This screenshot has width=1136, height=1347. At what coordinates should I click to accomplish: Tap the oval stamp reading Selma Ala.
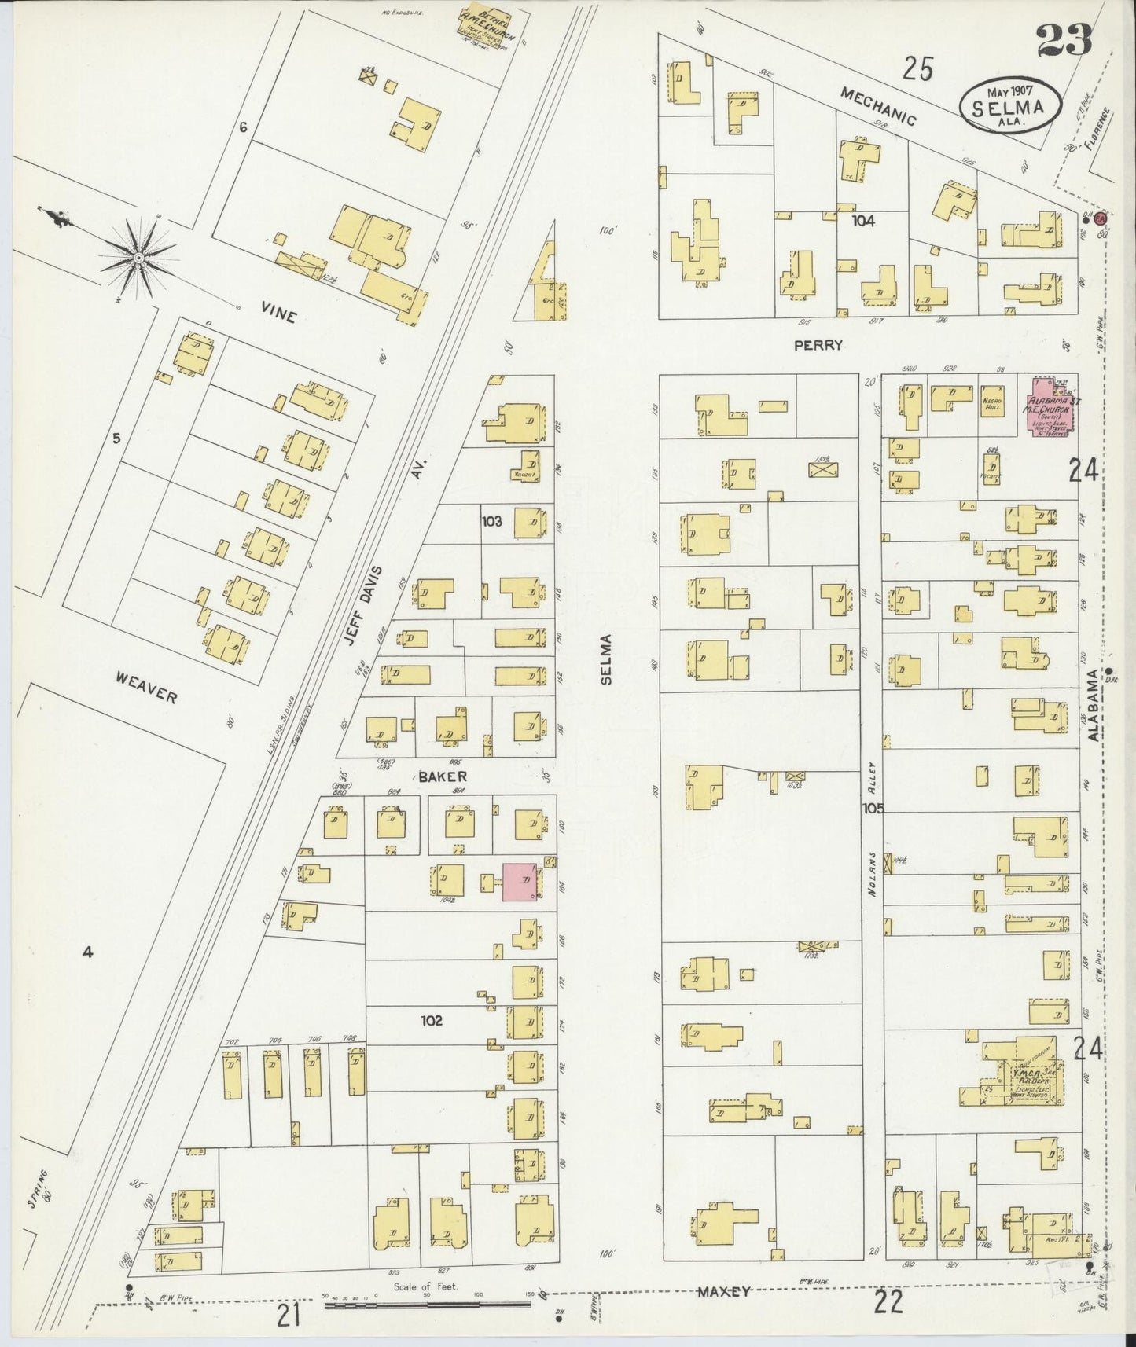click(1009, 106)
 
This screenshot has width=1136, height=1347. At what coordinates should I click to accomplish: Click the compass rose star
click(139, 257)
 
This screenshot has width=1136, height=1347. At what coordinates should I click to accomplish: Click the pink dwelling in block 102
click(520, 882)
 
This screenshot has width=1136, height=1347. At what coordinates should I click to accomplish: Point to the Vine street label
click(279, 316)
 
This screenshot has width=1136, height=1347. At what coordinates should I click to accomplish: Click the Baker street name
click(442, 776)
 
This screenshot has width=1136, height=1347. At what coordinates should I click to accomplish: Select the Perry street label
click(829, 345)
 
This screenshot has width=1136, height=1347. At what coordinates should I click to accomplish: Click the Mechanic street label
click(878, 106)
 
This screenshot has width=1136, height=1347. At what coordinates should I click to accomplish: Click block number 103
click(492, 520)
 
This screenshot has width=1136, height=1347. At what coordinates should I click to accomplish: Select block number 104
click(862, 222)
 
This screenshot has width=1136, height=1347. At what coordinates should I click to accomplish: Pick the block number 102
click(432, 1020)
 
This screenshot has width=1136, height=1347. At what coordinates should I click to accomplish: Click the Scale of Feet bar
click(428, 1305)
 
